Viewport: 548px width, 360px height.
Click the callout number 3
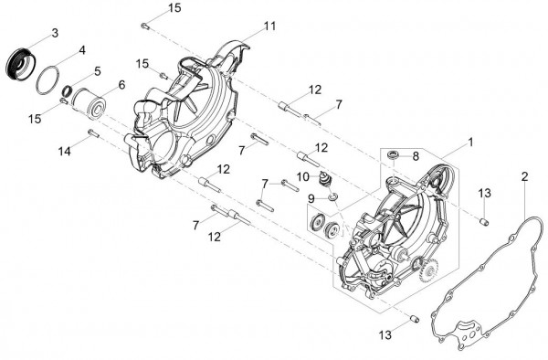55,33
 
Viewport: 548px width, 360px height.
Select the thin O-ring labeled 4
38,80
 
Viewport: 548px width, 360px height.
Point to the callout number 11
269,26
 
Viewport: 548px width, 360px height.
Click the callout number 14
64,152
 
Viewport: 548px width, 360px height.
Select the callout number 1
470,143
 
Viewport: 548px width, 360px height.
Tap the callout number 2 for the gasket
524,177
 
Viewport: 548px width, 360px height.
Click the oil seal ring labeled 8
393,154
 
